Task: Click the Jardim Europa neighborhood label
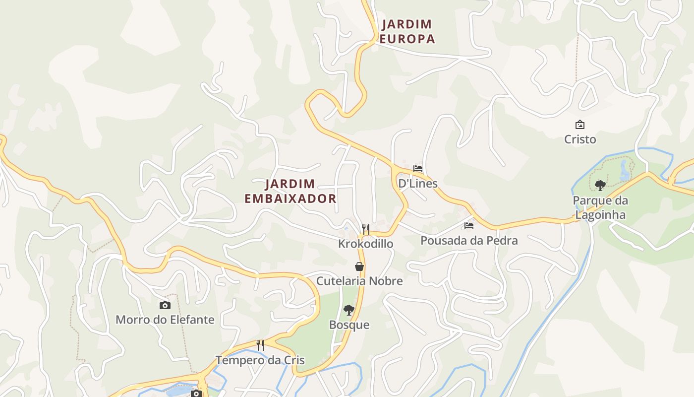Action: tap(407, 31)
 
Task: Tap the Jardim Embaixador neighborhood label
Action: tap(290, 191)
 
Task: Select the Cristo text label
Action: tap(580, 139)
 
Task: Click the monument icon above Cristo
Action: tap(579, 125)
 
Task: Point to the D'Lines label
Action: tap(418, 184)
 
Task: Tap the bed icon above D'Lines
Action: tap(418, 169)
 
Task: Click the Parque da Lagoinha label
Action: tap(600, 207)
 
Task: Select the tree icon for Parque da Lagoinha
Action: tap(600, 186)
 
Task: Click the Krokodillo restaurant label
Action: tap(366, 244)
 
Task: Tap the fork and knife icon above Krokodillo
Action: tap(366, 229)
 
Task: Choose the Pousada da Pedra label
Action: tap(469, 241)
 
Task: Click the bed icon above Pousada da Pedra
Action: tap(469, 226)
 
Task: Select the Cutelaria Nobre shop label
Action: tap(359, 281)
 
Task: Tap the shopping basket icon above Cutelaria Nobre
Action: tap(359, 266)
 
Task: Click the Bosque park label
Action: tap(349, 325)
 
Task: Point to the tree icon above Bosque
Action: tap(349, 310)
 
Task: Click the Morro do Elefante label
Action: tap(165, 320)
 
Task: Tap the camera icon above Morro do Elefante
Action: tap(165, 305)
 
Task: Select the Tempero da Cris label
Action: tap(260, 360)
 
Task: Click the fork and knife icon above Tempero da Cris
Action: tap(260, 345)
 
